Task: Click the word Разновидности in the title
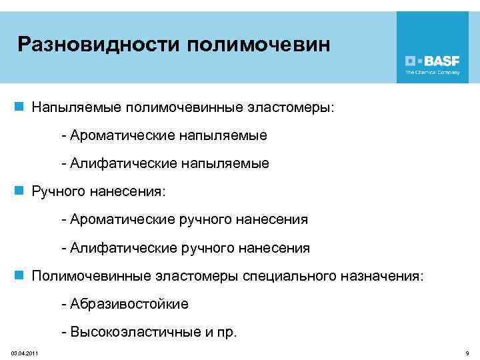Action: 98,45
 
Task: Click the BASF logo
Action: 433,59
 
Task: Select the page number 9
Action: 467,352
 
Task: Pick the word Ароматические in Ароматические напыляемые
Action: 121,135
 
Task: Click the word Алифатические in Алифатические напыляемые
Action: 121,163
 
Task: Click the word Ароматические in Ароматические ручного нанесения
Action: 121,220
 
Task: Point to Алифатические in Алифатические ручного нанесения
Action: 121,248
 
